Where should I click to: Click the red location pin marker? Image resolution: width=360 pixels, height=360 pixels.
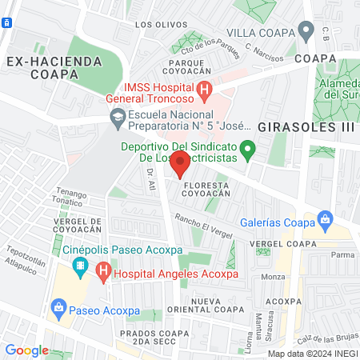pyautogui.click(x=181, y=164)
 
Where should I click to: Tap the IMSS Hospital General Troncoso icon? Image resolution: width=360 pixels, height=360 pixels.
pyautogui.click(x=205, y=90)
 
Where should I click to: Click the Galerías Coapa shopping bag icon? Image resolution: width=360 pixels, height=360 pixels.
pyautogui.click(x=325, y=219)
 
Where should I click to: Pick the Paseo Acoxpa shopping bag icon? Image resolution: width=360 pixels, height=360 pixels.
pyautogui.click(x=58, y=306)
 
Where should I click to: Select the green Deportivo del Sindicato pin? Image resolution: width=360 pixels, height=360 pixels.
pyautogui.click(x=248, y=147)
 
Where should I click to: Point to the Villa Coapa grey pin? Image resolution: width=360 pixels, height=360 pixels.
pyautogui.click(x=306, y=31)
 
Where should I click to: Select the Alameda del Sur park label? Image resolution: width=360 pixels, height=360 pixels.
pyautogui.click(x=339, y=90)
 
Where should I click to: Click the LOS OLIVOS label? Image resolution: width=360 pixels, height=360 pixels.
pyautogui.click(x=155, y=25)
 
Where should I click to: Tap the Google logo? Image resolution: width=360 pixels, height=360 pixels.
pyautogui.click(x=26, y=350)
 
